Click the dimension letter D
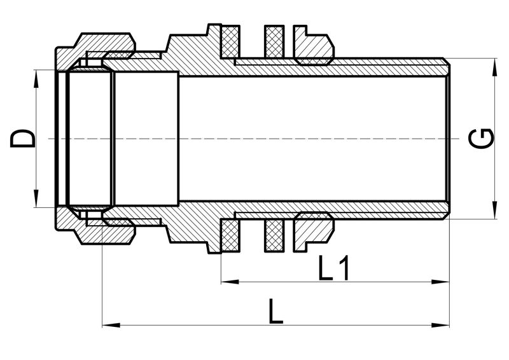[22, 139]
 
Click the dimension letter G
[481, 139]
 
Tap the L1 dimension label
[333, 268]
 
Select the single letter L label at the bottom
[275, 312]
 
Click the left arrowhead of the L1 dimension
[230, 282]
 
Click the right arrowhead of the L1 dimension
[440, 282]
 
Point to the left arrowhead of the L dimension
[111, 325]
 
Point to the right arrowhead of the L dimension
[440, 325]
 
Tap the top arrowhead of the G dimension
[494, 67]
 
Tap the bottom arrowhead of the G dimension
[494, 210]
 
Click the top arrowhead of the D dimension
[36, 79]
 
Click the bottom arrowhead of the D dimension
[36, 198]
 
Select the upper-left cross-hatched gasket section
[230, 41]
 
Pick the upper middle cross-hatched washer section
[274, 41]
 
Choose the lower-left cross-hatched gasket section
[230, 236]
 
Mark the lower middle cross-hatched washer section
[274, 236]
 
